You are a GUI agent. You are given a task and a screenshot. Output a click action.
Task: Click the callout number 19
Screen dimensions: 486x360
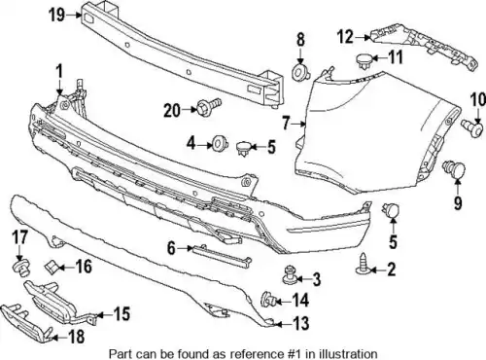(57, 15)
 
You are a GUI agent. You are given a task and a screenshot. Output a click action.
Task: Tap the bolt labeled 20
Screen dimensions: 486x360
(209, 106)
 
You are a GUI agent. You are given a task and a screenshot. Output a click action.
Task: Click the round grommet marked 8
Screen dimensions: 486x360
(301, 72)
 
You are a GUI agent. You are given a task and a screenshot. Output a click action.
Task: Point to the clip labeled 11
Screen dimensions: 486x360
(364, 61)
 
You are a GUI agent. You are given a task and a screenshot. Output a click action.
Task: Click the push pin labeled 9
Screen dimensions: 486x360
(454, 169)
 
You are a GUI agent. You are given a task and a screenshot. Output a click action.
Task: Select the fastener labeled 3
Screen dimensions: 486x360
(289, 275)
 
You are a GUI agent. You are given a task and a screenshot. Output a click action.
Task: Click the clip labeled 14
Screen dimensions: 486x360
(268, 299)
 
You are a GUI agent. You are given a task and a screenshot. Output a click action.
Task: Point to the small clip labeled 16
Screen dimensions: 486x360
(51, 267)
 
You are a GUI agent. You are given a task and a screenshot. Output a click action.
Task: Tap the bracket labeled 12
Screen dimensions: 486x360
(424, 48)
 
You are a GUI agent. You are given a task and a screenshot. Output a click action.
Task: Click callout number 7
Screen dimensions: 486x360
(286, 124)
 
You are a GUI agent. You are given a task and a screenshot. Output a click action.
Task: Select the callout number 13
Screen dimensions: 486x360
(300, 323)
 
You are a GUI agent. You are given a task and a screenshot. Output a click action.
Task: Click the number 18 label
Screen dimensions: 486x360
(77, 337)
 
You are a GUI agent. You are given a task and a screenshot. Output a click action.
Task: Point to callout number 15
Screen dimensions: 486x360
(121, 314)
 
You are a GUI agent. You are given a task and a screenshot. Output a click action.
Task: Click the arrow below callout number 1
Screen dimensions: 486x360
(59, 88)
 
